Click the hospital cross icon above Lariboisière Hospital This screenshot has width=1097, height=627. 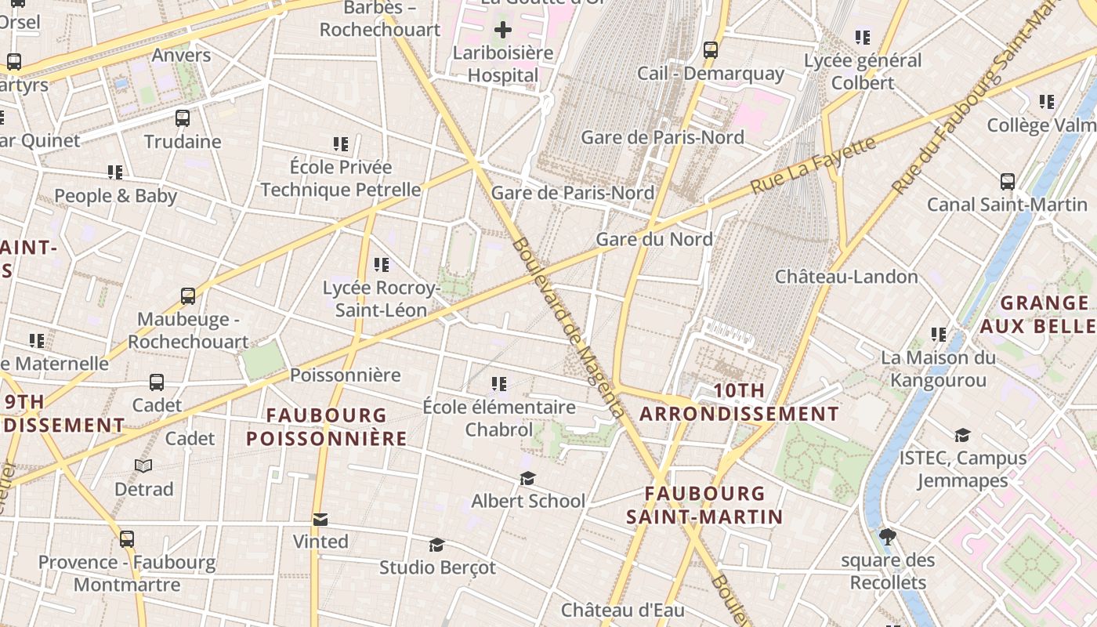click(503, 31)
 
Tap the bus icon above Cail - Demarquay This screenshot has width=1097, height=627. click(711, 50)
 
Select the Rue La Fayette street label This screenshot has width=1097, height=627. click(813, 166)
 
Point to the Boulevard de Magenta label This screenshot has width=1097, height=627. click(568, 328)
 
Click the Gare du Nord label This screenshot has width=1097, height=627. click(654, 239)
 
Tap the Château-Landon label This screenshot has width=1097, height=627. click(846, 277)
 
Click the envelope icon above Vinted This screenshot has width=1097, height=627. click(320, 519)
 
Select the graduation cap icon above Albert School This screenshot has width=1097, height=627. click(528, 478)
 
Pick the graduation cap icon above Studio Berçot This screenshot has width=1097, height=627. click(437, 545)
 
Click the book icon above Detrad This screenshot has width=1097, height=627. click(143, 466)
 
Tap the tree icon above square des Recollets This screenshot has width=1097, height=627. click(888, 537)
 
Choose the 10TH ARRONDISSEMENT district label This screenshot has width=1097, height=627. click(739, 402)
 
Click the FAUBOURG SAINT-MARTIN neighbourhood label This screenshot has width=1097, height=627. click(704, 505)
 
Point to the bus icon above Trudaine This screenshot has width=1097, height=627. click(183, 118)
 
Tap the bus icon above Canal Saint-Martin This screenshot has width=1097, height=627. click(1008, 182)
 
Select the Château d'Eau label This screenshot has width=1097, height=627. click(622, 610)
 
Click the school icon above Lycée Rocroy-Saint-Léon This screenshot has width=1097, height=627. click(382, 265)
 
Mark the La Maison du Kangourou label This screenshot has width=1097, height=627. click(938, 369)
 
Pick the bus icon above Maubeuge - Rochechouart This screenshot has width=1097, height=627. click(188, 296)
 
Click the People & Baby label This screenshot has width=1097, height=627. click(115, 196)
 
